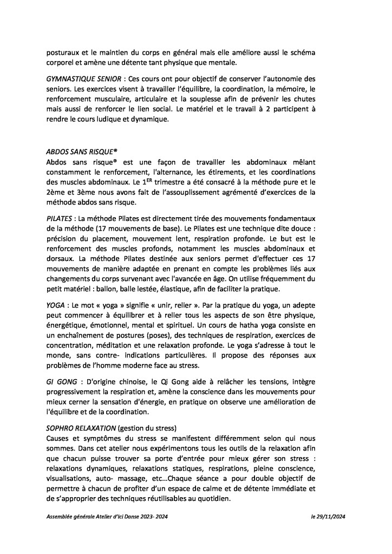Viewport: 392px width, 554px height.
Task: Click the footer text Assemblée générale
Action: coord(68,517)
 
